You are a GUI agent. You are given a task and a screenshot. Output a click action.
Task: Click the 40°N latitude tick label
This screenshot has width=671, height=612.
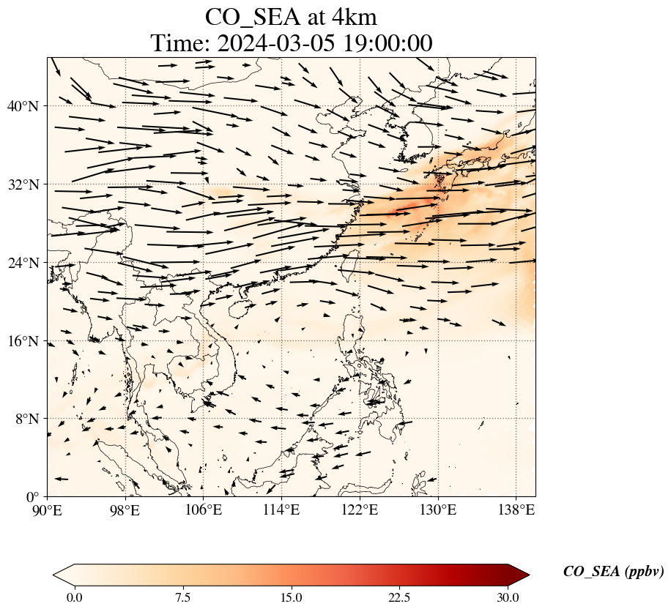point(27,106)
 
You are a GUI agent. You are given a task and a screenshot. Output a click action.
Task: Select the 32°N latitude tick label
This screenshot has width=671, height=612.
point(27,184)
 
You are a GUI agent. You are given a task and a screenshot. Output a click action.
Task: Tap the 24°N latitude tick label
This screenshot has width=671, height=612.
point(27,263)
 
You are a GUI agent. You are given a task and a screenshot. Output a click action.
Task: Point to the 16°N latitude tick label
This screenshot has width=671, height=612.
point(27,341)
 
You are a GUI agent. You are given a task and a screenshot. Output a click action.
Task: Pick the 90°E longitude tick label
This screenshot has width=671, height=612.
point(48,510)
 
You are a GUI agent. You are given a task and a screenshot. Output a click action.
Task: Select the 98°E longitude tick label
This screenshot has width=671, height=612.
point(125,510)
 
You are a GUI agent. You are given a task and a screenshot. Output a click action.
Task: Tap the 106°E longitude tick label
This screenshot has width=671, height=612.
point(204,510)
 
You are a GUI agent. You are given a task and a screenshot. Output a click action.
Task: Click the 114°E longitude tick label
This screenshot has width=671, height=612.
point(281,510)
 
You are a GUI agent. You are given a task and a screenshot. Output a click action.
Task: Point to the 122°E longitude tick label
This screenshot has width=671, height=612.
point(360,510)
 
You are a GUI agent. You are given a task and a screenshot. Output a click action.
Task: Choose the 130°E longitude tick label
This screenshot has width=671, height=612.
point(437,510)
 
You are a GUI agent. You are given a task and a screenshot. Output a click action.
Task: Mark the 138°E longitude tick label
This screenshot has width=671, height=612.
point(516,510)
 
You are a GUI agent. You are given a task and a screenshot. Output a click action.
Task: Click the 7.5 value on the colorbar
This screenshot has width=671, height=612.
point(182,597)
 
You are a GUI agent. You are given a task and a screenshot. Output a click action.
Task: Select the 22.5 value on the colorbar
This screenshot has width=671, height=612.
point(399,597)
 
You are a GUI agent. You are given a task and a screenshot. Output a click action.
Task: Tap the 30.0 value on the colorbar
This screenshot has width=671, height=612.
point(508,597)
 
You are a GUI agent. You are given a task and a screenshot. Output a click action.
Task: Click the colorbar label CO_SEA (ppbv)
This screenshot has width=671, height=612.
point(613,572)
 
